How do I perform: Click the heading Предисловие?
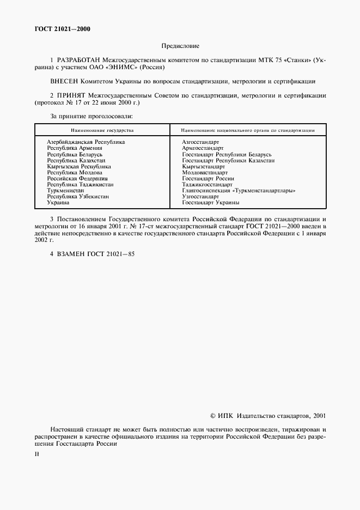pos(180,46)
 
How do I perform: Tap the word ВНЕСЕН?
pos(65,81)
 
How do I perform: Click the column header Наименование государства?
pos(102,131)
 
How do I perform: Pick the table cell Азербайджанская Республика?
pos(86,142)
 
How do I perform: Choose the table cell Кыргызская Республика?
pos(79,166)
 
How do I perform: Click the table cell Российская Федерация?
pos(77,178)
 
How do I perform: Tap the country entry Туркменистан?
pos(65,191)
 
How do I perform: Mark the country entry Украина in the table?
pos(58,203)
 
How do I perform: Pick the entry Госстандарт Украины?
pos(211,203)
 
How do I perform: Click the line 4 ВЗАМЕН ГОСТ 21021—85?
pos(92,254)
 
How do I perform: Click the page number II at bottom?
pos(36,453)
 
